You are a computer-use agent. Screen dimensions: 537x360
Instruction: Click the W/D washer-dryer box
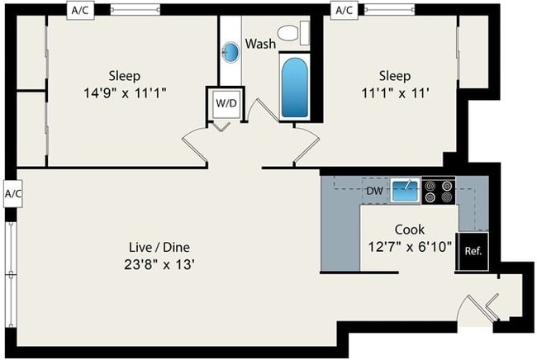pos(226,103)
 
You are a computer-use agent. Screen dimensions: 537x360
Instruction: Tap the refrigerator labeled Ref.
pos(473,251)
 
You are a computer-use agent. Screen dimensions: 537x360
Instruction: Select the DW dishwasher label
pos(374,191)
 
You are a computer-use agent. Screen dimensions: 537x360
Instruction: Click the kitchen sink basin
pos(405,190)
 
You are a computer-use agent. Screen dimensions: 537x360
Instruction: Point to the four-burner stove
pos(439,191)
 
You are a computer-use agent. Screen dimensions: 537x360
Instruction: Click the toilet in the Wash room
pos(293,33)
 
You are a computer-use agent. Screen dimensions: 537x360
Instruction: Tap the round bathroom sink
pos(230,52)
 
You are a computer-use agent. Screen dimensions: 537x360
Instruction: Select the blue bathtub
pos(295,87)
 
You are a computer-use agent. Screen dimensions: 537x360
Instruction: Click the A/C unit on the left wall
pos(13,194)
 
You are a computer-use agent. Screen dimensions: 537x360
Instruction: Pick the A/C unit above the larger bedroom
pos(80,11)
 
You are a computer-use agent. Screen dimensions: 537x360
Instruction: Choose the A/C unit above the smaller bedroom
pos(345,11)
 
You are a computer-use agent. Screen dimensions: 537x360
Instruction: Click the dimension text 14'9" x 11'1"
pos(125,92)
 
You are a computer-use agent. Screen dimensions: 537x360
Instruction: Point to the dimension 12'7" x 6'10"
pos(410,246)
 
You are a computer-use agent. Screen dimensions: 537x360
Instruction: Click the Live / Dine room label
pos(159,247)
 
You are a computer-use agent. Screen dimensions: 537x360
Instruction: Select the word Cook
pos(410,230)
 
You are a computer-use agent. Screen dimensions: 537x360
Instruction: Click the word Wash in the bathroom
pos(260,44)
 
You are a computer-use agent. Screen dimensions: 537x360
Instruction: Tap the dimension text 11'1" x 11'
pos(395,92)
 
